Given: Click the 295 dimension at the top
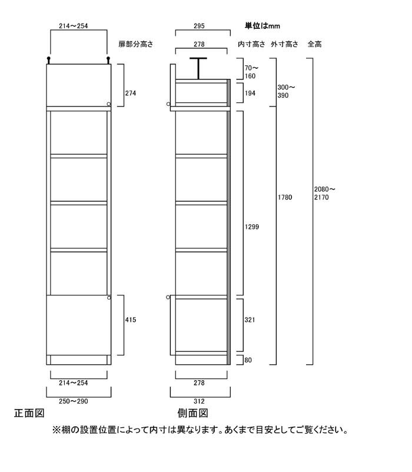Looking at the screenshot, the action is [x=199, y=26].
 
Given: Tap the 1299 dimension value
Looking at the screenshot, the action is [x=251, y=227].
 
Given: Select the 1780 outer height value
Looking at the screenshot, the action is [x=285, y=197].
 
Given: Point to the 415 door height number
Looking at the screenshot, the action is [x=131, y=320].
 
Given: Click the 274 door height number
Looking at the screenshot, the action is [x=131, y=94].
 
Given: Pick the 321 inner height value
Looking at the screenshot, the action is [x=250, y=320].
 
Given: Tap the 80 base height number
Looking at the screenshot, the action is [x=248, y=360].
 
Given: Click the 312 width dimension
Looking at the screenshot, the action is [x=199, y=401].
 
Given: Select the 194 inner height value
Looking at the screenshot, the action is [x=250, y=94].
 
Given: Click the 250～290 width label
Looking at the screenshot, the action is [x=74, y=401].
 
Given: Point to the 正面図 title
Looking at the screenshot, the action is [x=29, y=413].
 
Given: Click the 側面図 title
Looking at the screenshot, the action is [x=192, y=413].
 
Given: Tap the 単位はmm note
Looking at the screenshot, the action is [x=263, y=26].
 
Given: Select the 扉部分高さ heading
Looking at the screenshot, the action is [x=136, y=44].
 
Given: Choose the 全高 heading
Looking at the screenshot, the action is [x=314, y=44].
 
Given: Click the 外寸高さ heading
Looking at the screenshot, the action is [x=284, y=44].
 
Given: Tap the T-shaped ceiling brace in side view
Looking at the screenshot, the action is [x=198, y=69].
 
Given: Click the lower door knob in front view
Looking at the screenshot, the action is [x=109, y=298].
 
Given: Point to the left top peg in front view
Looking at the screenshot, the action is [x=48, y=60].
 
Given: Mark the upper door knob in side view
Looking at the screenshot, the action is [x=168, y=104].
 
